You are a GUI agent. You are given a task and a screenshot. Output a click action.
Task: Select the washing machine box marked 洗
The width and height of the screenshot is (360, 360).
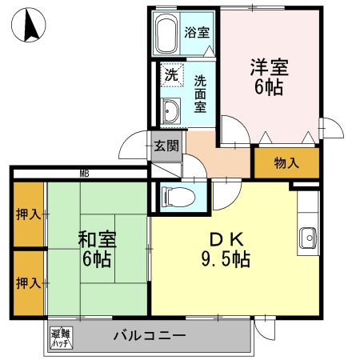170,75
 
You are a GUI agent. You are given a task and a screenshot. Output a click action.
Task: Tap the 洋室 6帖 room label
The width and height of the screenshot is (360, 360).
268,77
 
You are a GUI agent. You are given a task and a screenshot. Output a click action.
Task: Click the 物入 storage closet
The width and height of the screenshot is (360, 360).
286,163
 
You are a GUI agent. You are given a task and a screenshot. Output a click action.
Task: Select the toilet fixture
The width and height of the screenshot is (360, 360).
175,195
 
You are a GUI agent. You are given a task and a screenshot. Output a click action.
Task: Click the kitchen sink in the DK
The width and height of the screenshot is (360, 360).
309,237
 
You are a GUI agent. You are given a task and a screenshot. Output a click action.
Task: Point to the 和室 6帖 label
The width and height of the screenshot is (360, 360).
94,249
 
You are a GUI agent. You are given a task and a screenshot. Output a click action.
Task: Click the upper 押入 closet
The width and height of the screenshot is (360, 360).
28,214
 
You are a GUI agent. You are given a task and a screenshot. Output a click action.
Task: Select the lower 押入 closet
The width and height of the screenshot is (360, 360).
28,282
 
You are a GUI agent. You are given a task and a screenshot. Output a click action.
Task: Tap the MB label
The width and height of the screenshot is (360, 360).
83,174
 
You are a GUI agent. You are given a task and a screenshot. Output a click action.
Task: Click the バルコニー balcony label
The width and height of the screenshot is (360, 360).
149,335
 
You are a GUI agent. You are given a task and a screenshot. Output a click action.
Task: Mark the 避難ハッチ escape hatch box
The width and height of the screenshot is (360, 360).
61,337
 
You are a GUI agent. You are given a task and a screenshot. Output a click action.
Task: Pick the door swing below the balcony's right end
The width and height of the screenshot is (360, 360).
265,327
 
